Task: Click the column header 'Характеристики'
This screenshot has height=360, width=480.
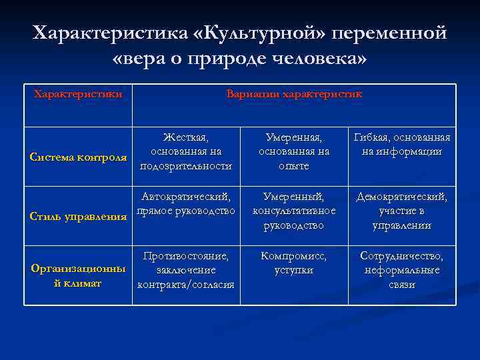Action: pyautogui.click(x=78, y=94)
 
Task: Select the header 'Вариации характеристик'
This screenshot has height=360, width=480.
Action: pyautogui.click(x=294, y=94)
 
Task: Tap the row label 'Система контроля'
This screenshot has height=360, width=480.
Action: pyautogui.click(x=79, y=157)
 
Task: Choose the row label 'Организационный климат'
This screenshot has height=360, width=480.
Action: pyautogui.click(x=78, y=276)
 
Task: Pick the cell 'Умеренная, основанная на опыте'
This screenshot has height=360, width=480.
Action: pyautogui.click(x=293, y=151)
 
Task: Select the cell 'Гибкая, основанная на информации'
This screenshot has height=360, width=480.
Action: pyautogui.click(x=402, y=145)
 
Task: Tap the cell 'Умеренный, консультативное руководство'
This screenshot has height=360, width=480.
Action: pyautogui.click(x=293, y=211)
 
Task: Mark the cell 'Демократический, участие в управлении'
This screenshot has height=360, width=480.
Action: pyautogui.click(x=402, y=211)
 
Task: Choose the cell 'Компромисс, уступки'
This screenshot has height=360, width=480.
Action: pyautogui.click(x=293, y=263)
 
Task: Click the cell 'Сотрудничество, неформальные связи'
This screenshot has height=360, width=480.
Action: pyautogui.click(x=402, y=271)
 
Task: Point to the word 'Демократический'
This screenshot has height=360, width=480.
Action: pyautogui.click(x=402, y=197)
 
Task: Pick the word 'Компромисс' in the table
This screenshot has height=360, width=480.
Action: pyautogui.click(x=293, y=256)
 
